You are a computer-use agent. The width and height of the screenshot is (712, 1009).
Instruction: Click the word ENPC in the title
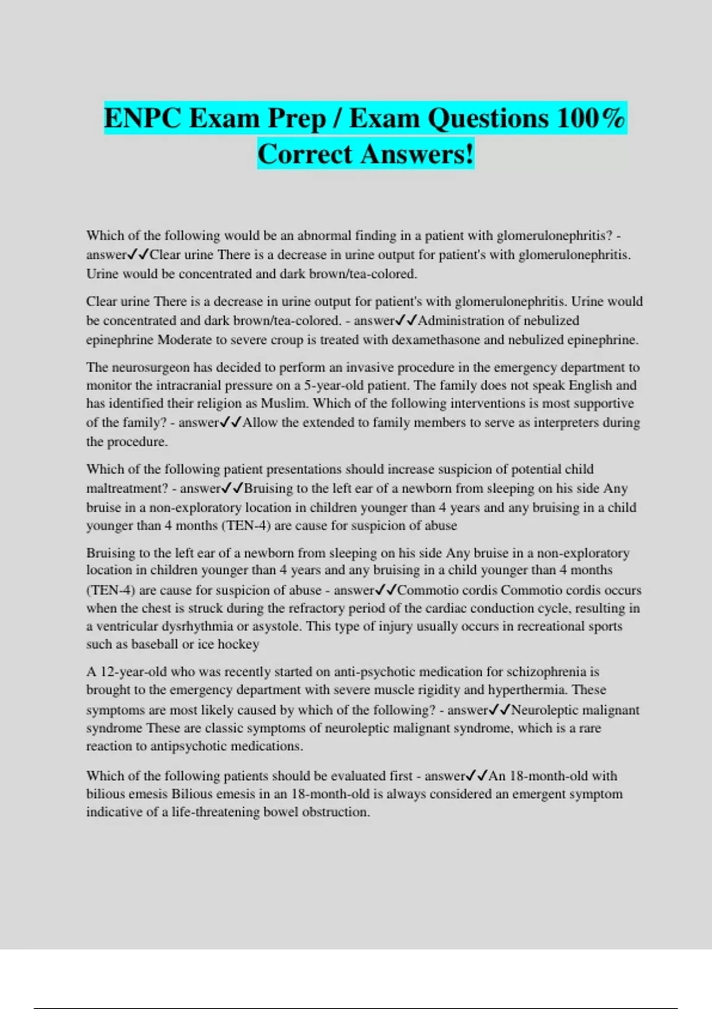coord(142,118)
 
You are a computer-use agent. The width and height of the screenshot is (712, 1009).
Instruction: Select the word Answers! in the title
coord(417,154)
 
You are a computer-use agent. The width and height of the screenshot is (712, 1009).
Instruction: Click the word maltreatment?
coord(127,488)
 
